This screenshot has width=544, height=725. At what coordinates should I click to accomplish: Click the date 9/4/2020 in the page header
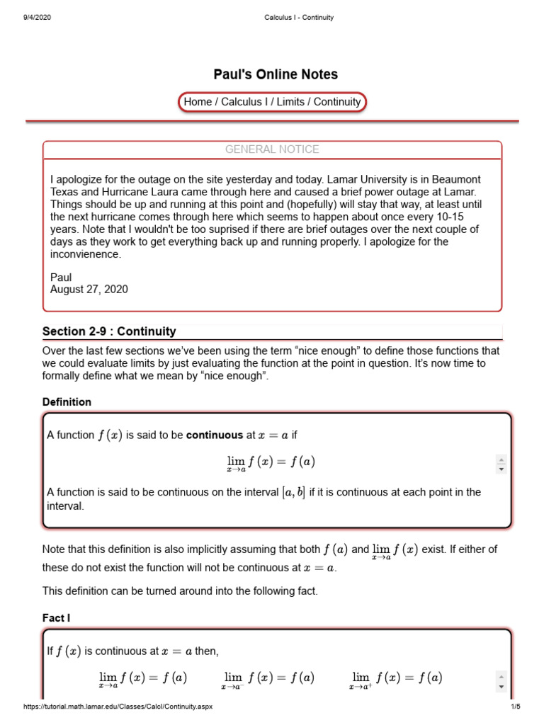point(38,18)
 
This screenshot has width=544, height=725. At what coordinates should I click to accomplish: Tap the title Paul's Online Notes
point(276,74)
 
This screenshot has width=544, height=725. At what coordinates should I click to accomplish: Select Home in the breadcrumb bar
point(197,102)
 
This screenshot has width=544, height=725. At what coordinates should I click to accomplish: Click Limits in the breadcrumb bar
point(290,102)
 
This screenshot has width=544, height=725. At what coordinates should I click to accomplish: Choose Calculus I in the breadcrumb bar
point(244,102)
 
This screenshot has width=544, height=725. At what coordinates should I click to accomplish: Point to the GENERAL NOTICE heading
point(272,149)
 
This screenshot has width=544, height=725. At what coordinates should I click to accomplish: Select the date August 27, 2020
point(89,290)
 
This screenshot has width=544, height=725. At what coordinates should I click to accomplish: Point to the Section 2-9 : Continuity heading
point(109,331)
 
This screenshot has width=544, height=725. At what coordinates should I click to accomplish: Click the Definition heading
point(67,402)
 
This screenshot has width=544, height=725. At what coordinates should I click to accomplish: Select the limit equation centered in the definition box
point(271,464)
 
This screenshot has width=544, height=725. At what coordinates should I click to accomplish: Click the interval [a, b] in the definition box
point(294,492)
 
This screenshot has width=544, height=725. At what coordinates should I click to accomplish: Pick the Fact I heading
point(56,618)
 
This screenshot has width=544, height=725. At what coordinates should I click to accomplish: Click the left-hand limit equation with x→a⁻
point(268,679)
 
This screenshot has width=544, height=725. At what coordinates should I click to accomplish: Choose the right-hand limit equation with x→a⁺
point(396,679)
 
